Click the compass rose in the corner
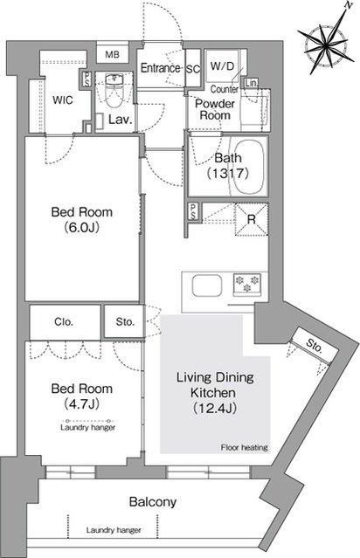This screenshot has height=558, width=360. [326, 42]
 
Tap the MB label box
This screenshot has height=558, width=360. [112, 55]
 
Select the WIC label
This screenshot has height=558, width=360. [63, 100]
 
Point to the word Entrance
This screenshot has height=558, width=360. [160, 67]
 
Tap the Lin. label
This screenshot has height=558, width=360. [251, 83]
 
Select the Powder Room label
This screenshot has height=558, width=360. [215, 109]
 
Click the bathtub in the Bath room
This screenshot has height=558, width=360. [249, 167]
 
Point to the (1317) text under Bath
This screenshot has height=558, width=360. [227, 173]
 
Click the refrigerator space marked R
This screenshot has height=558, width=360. [252, 219]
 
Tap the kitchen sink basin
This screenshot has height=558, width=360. [207, 286]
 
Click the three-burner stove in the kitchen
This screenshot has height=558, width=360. [247, 285]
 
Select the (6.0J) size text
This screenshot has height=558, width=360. [82, 227]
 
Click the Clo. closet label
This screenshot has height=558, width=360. [64, 322]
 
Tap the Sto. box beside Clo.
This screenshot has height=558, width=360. [124, 321]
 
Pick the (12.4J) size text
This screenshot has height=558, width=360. [215, 408]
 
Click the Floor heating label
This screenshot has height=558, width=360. [245, 447]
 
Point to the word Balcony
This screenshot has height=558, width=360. [153, 502]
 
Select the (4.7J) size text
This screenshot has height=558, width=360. [82, 403]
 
